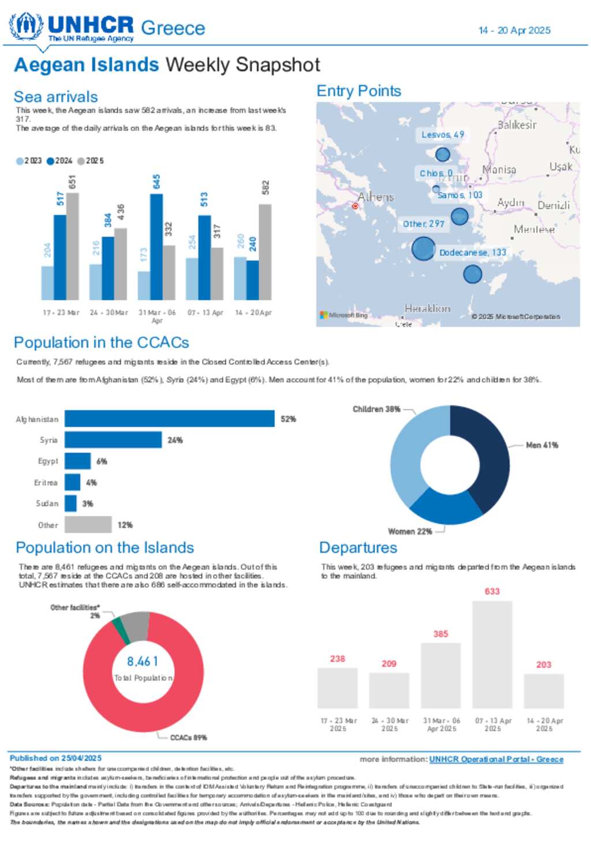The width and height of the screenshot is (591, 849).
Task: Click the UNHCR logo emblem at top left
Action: pyautogui.click(x=26, y=26)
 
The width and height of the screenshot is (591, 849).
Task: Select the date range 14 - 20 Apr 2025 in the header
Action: pyautogui.click(x=514, y=31)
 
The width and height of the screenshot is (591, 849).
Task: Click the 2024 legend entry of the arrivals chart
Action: pyautogui.click(x=60, y=161)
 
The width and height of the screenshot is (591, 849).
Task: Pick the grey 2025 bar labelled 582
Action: pyautogui.click(x=265, y=252)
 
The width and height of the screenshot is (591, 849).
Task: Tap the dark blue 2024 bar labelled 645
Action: pyautogui.click(x=156, y=247)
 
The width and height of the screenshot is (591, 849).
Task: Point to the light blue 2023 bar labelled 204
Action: pyautogui.click(x=47, y=283)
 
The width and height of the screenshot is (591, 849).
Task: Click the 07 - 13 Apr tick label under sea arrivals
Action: pyautogui.click(x=205, y=313)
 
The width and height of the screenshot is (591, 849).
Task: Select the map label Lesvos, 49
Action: pyautogui.click(x=442, y=135)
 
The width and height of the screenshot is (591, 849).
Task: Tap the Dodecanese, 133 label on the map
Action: pyautogui.click(x=472, y=253)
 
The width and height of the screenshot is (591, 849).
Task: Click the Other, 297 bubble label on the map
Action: pyautogui.click(x=423, y=224)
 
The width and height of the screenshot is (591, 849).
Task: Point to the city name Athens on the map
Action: pyautogui.click(x=375, y=197)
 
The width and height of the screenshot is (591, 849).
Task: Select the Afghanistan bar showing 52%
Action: pyautogui.click(x=169, y=419)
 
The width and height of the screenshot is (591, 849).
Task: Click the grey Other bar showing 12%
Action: pyautogui.click(x=88, y=525)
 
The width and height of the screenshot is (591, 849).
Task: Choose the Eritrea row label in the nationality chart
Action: pyautogui.click(x=46, y=483)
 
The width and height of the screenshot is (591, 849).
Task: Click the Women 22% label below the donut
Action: pyautogui.click(x=410, y=532)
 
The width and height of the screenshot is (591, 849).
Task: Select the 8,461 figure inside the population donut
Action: pyautogui.click(x=143, y=662)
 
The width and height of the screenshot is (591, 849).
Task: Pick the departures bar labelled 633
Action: pyautogui.click(x=492, y=655)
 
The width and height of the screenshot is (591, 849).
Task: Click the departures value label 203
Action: pyautogui.click(x=544, y=665)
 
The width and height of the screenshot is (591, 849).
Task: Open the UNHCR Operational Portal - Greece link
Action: pyautogui.click(x=496, y=760)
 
